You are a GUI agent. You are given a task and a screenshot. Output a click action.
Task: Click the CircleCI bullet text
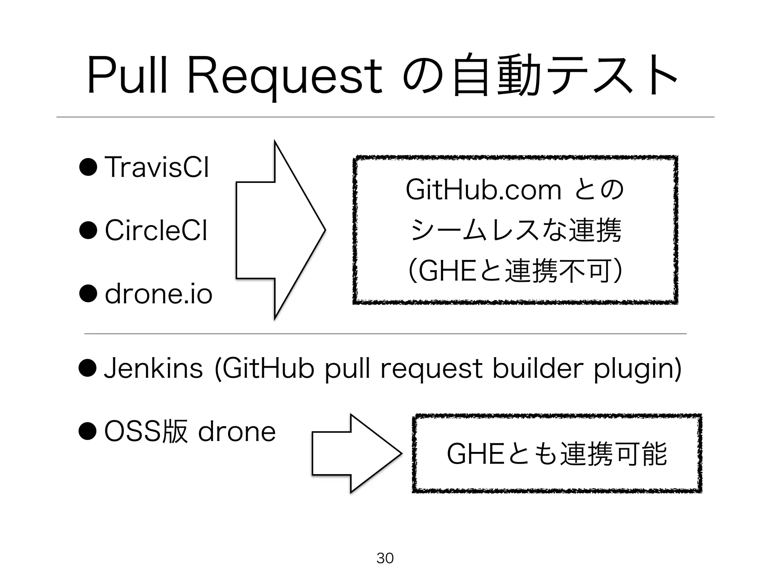tap(156, 230)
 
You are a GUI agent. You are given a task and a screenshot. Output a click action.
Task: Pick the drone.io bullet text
tap(158, 294)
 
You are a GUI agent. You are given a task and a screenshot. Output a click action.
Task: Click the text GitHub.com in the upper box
tap(483, 190)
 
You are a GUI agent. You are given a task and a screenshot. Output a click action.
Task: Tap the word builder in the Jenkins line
tap(538, 368)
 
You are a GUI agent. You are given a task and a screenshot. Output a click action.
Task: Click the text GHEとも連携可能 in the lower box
tap(556, 454)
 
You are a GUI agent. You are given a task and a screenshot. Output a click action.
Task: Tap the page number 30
tap(385, 558)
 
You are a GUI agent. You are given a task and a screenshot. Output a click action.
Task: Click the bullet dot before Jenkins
tap(88, 368)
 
